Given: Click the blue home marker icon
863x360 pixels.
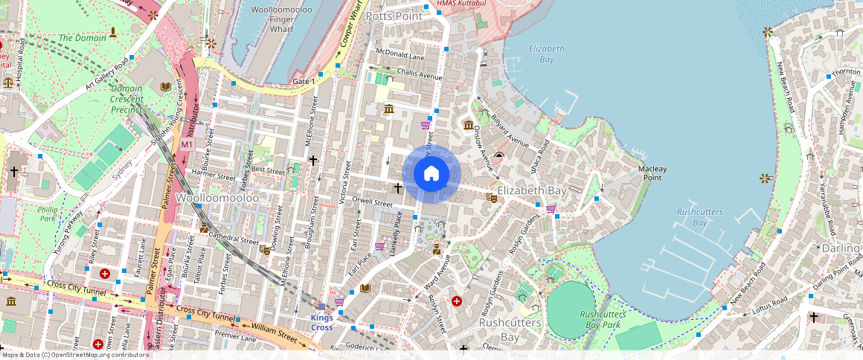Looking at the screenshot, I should click(431, 174).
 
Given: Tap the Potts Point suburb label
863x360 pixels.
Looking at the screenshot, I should click(394, 16).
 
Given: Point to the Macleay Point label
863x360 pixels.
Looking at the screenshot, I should click(652, 173).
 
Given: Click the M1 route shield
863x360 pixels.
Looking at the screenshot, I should click(187, 143).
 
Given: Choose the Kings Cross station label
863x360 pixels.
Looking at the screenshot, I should click(321, 323).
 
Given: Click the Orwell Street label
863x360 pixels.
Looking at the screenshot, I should click(371, 202).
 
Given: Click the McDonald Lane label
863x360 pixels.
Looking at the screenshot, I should click(400, 54).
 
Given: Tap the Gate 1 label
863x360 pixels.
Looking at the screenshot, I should click(301, 80).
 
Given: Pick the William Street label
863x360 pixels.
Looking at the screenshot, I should click(275, 332).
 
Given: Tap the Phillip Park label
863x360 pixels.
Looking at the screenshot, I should click(48, 214).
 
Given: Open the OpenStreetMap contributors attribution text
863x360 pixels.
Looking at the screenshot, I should click(74, 355).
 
